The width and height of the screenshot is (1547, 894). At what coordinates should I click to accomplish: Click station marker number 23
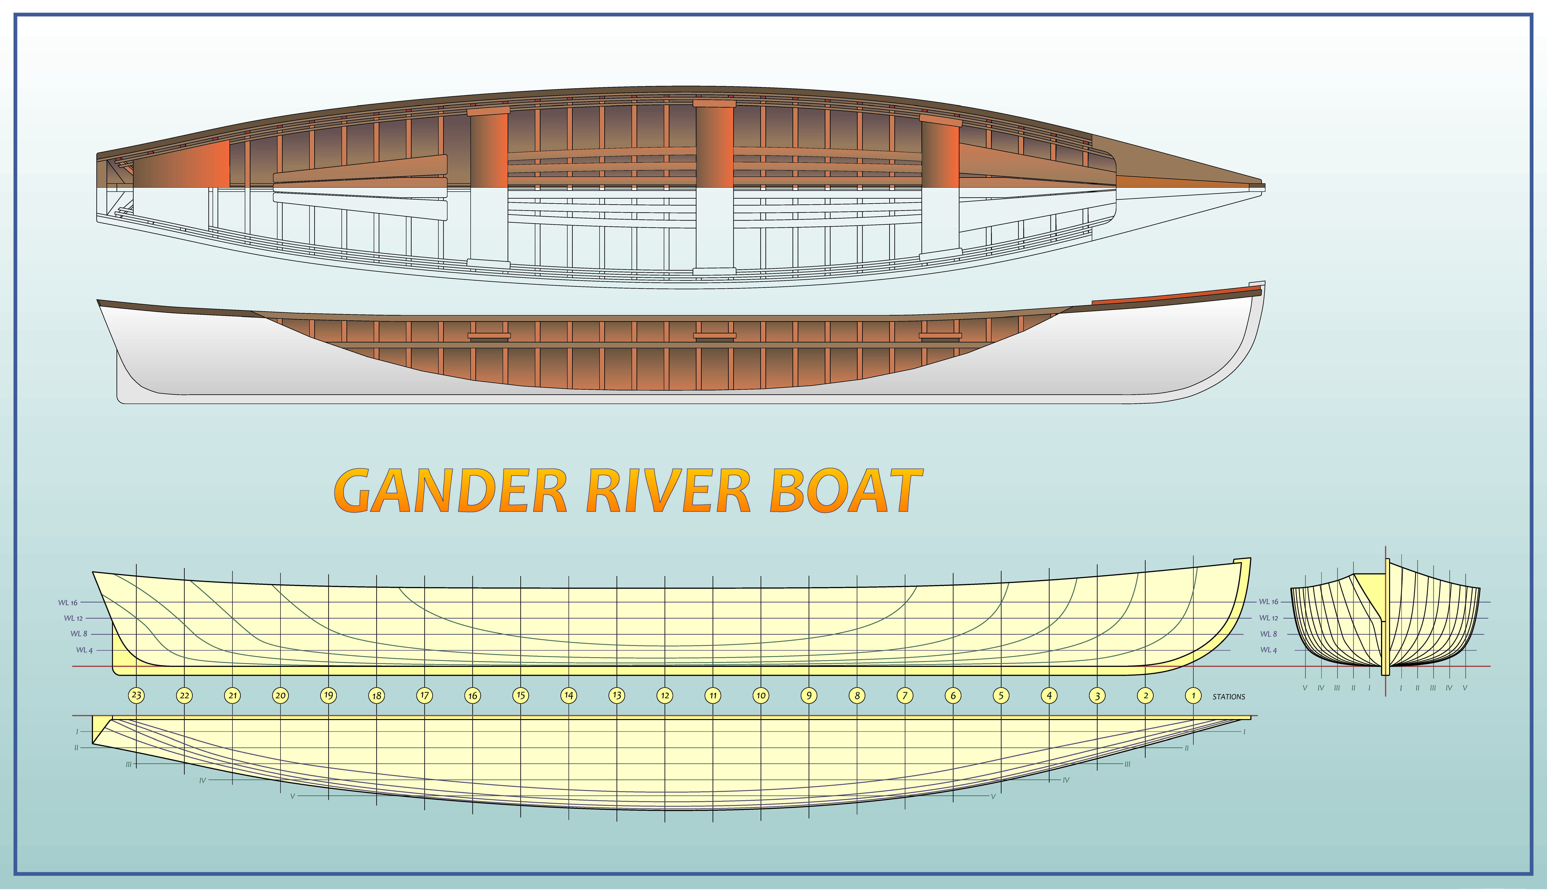click(x=136, y=695)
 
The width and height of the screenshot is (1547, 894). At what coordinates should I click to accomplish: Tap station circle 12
click(x=665, y=695)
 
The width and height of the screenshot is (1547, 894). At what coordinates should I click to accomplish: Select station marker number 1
click(x=1193, y=695)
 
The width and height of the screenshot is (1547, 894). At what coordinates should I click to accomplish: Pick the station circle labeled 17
click(x=424, y=695)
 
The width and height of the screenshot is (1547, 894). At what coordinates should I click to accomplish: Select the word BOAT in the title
click(x=846, y=491)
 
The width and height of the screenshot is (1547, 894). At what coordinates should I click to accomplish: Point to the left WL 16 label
click(x=68, y=603)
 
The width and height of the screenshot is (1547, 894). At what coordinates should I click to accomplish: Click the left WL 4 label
click(x=84, y=650)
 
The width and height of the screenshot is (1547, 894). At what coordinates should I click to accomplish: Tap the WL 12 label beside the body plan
click(x=1268, y=618)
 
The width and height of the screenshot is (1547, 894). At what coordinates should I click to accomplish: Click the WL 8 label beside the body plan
click(x=1268, y=634)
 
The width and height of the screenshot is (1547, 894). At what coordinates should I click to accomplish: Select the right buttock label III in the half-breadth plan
click(x=1127, y=764)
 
